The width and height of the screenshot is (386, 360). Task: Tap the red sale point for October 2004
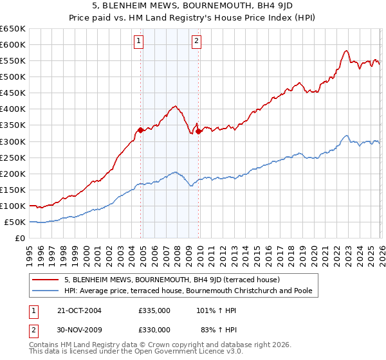(x=140, y=130)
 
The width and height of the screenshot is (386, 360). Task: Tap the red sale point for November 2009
(x=199, y=132)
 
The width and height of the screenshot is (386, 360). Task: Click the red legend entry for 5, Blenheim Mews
(x=171, y=280)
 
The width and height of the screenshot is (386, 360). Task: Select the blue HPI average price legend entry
(x=188, y=291)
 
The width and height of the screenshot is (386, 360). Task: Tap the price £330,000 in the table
(x=154, y=329)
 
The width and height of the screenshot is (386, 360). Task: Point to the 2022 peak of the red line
(x=346, y=51)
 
